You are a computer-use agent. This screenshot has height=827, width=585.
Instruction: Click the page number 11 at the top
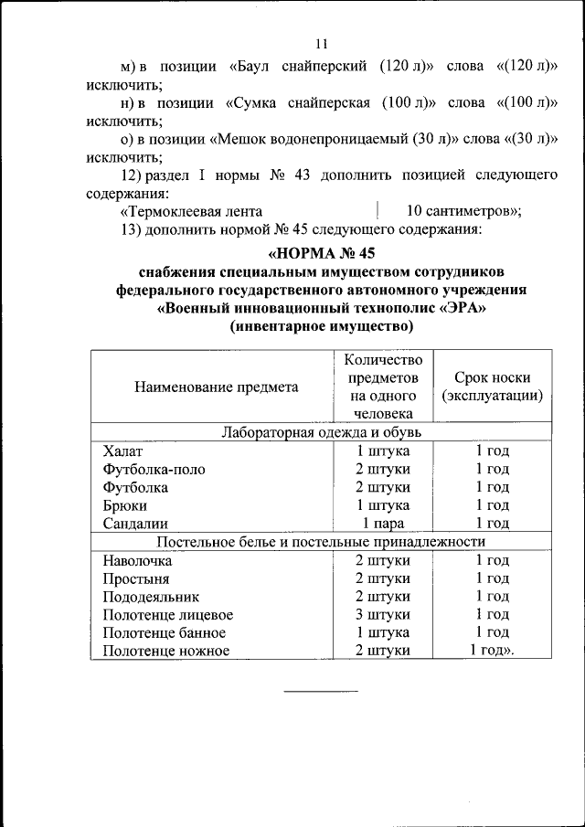[x=322, y=44]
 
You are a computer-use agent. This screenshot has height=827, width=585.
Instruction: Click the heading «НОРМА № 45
[x=322, y=252]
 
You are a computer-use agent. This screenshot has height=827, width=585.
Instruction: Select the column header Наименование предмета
[x=217, y=387]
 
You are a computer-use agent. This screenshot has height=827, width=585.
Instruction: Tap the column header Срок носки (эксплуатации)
[x=492, y=387]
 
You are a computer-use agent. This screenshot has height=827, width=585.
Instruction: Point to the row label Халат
[x=123, y=451]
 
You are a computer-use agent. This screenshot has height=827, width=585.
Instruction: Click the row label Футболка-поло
[x=154, y=470]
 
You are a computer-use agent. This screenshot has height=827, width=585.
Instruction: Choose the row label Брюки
[x=125, y=505]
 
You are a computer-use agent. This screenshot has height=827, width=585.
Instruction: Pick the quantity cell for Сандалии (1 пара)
[x=382, y=524]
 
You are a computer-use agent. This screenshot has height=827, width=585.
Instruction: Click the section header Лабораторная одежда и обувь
[x=322, y=432]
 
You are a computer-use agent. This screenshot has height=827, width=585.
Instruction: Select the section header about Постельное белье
[x=322, y=542]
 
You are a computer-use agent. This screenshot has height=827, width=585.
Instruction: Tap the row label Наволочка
[x=137, y=560]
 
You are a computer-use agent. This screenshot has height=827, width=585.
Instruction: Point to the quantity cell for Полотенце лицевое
[x=382, y=615]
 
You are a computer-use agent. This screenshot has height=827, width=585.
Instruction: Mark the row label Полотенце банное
[x=164, y=633]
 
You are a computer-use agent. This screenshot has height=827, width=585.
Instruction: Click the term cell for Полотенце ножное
[x=492, y=651]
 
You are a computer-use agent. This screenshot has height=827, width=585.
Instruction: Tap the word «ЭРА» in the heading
[x=463, y=308]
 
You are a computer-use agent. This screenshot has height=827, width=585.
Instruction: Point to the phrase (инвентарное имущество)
[x=322, y=326]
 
